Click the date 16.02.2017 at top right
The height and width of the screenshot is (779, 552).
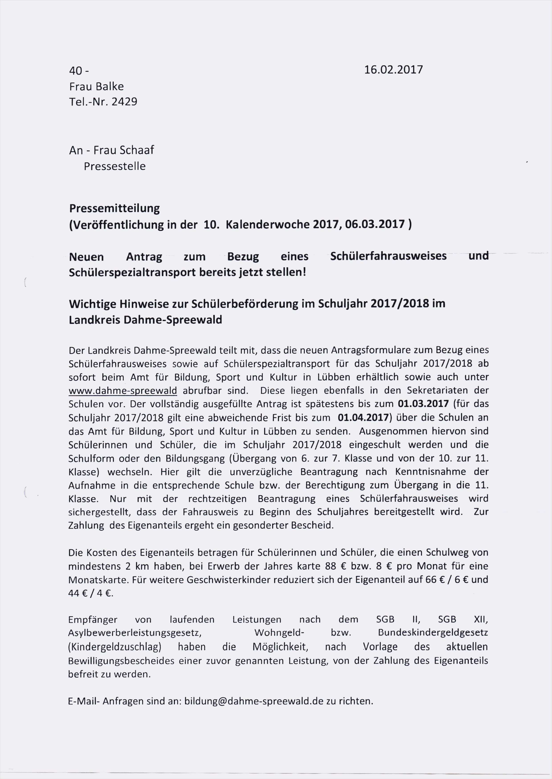[x=393, y=70]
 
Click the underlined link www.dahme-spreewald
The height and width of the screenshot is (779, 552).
[x=123, y=391]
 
